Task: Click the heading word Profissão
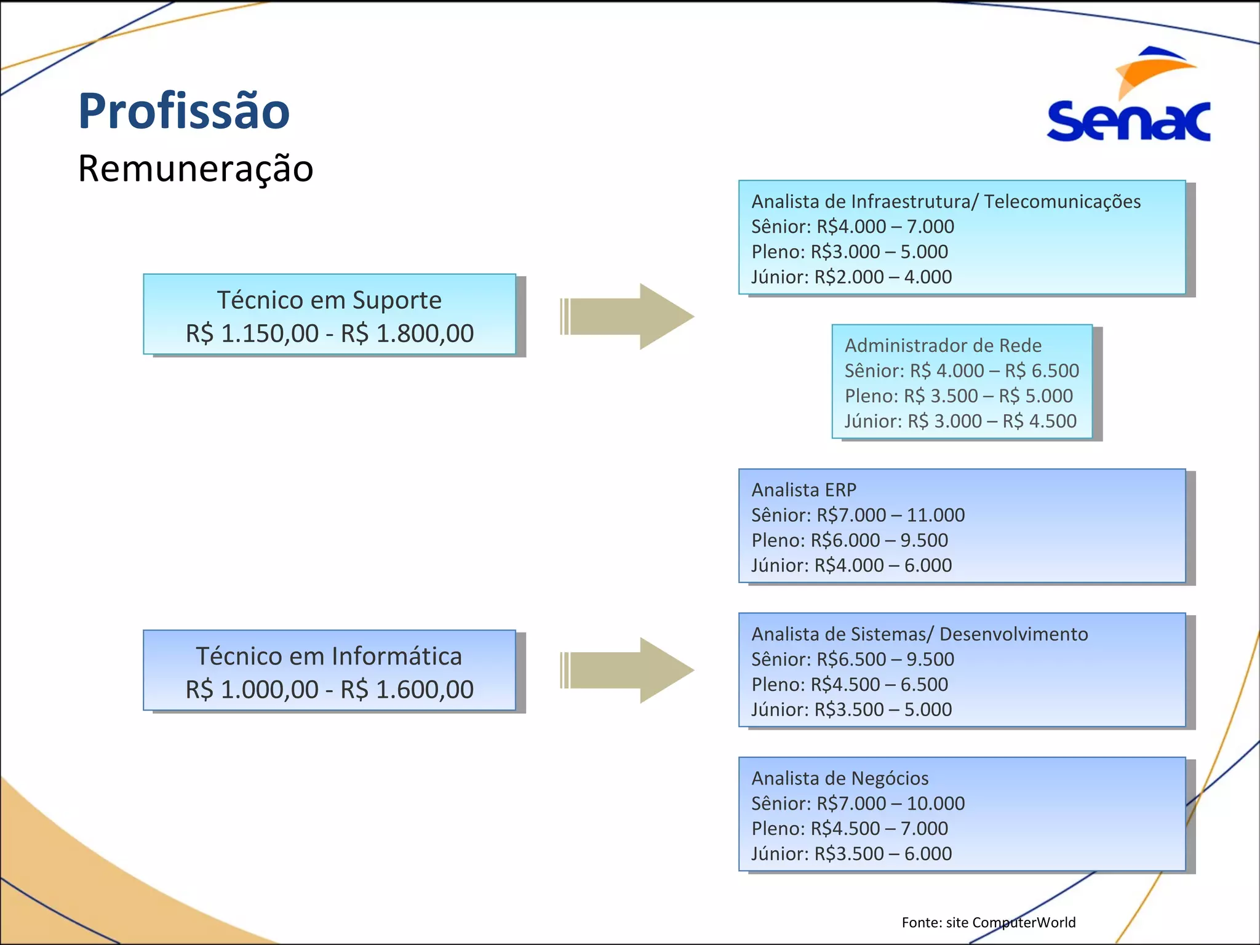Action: (183, 111)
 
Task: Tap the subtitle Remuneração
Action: (195, 169)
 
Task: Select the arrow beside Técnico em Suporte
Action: (628, 316)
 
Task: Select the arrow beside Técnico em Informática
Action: (628, 670)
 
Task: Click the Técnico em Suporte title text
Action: (329, 300)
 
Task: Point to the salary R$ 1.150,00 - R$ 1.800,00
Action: (329, 333)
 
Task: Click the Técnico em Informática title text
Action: (329, 656)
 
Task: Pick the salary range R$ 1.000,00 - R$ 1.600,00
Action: (329, 690)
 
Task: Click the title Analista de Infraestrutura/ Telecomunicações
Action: (946, 202)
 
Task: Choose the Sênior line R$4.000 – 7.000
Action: (852, 227)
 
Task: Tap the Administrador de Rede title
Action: (943, 346)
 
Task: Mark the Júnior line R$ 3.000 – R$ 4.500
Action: (960, 421)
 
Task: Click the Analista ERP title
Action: (803, 490)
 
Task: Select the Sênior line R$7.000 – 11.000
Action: (858, 516)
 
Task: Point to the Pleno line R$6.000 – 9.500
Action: (849, 541)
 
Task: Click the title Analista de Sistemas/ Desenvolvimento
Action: (919, 634)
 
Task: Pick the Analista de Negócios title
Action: (840, 779)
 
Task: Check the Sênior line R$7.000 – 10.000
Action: (858, 804)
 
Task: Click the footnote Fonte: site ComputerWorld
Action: (988, 922)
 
